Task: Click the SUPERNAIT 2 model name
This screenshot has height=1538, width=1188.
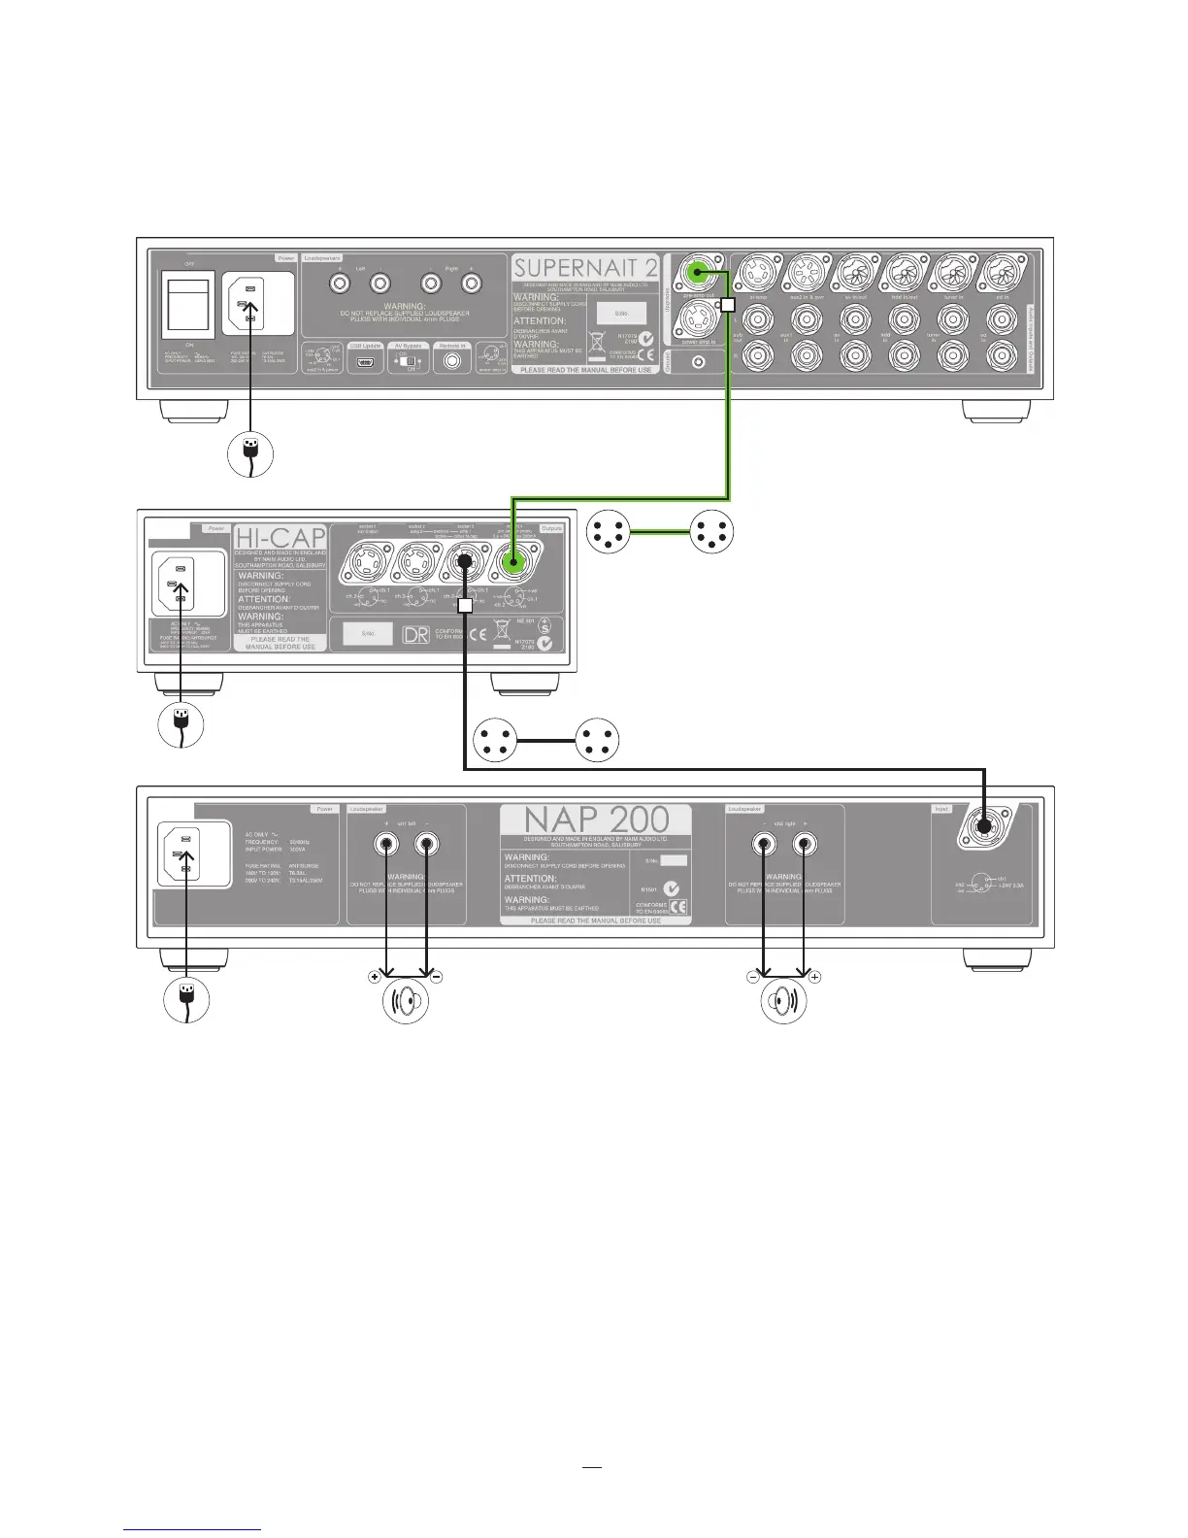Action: (x=585, y=268)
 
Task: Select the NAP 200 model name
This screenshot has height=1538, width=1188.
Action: (x=596, y=819)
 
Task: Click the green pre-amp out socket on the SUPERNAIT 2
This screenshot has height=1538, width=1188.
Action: (x=695, y=273)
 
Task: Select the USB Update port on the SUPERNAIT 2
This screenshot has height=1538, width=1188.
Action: (x=365, y=362)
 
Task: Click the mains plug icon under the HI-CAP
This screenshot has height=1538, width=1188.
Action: (x=181, y=724)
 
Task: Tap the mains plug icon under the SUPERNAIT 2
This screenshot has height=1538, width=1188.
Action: (x=250, y=452)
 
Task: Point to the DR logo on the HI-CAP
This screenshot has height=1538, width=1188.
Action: (x=415, y=635)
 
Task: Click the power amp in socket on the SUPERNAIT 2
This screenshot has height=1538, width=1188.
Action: (x=699, y=317)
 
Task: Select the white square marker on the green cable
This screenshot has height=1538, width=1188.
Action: (x=728, y=304)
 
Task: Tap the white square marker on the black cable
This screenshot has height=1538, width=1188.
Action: (x=465, y=605)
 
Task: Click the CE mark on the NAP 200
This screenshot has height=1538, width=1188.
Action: (x=678, y=907)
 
